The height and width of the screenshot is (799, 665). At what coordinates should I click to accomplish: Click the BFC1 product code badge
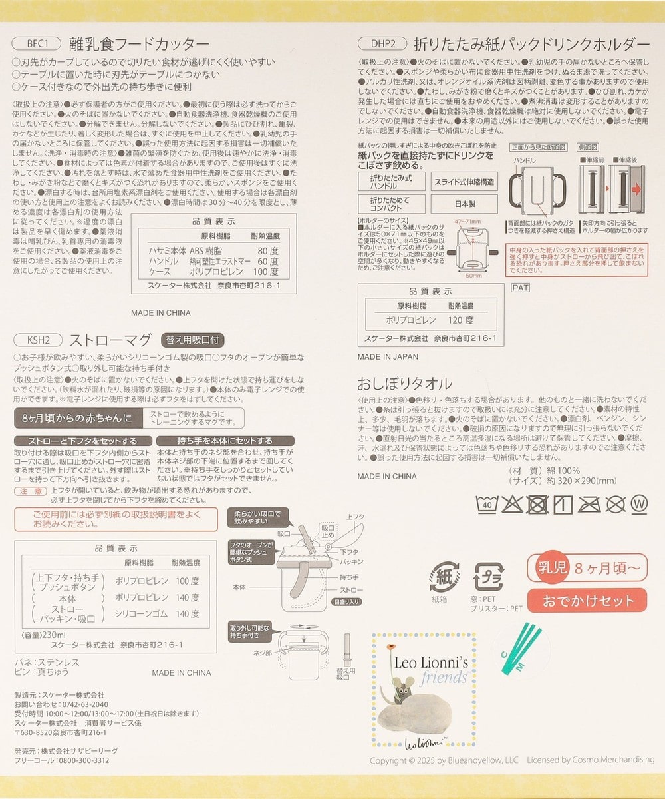point(39,44)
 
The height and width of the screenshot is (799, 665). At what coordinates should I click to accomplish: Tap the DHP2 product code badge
point(382,44)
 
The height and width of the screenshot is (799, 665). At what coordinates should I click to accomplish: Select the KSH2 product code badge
point(39,338)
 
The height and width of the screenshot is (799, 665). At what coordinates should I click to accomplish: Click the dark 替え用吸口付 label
point(192,338)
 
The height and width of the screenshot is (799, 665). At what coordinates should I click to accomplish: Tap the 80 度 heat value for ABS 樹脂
point(268,250)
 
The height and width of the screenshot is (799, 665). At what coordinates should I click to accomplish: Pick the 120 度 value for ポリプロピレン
point(461,319)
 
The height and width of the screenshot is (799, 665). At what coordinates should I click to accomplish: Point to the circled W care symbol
point(639,504)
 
